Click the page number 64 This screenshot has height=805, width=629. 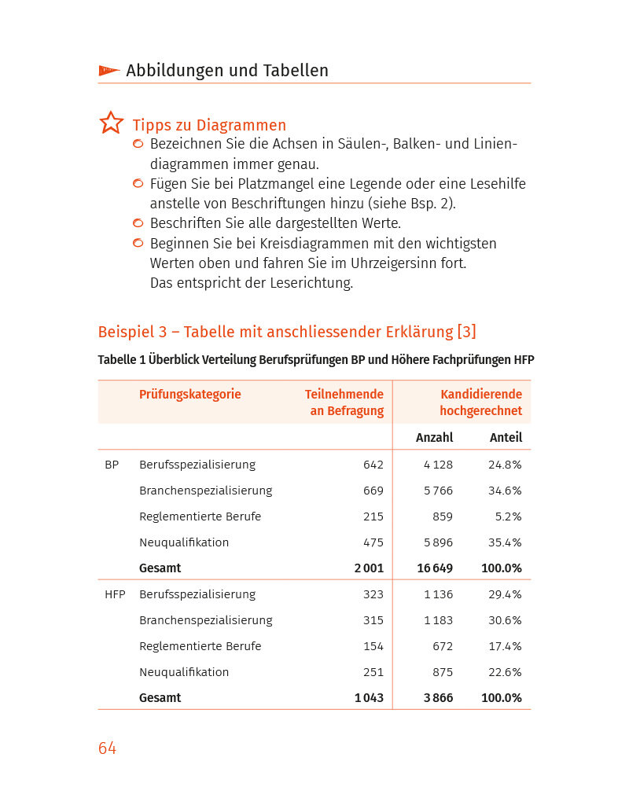107,748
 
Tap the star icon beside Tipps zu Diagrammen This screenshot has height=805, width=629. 112,123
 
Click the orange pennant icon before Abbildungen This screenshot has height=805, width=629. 109,71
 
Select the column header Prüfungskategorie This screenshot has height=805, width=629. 189,395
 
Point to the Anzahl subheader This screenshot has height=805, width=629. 434,438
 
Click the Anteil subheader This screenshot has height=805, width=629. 506,438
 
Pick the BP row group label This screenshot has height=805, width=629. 112,465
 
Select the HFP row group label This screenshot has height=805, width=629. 115,594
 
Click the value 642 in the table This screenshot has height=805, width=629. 373,465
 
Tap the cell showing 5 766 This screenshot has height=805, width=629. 438,491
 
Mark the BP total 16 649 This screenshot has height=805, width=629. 434,568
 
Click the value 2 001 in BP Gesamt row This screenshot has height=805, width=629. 369,568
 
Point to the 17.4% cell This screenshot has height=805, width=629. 505,646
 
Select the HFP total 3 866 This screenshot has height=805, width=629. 438,698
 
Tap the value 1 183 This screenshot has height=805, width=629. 438,620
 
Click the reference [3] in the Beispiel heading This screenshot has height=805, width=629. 466,332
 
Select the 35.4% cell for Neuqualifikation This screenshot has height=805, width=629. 505,542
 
